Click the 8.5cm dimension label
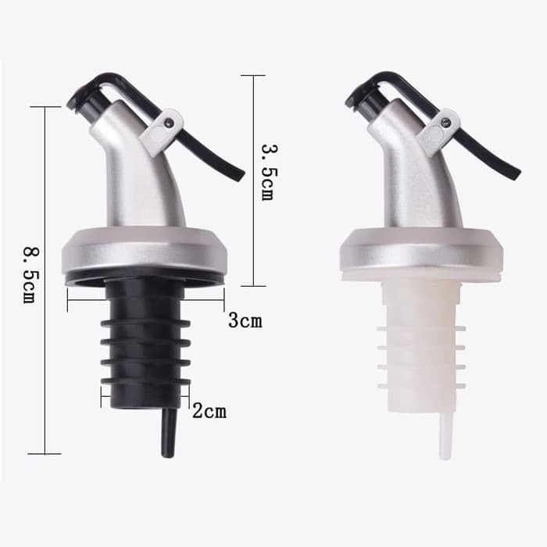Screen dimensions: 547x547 pos(30,275)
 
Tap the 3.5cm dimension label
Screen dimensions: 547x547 pos(270,173)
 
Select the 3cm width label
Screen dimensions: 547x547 pos(245,320)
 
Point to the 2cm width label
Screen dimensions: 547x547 pos(209,410)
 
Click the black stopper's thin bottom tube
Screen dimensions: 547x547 pos(169,433)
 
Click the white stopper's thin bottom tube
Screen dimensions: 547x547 pos(445,436)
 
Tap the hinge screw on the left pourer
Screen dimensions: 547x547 pos(170,122)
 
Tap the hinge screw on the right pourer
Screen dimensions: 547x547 pos(445,122)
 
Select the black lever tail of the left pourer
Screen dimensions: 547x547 pos(213,156)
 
